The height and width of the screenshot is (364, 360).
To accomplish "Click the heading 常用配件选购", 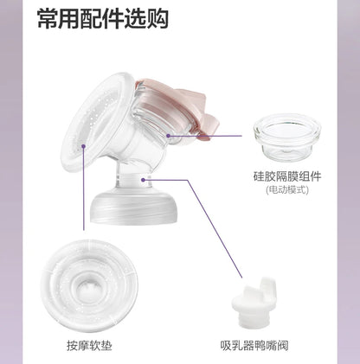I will click(x=103, y=19).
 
